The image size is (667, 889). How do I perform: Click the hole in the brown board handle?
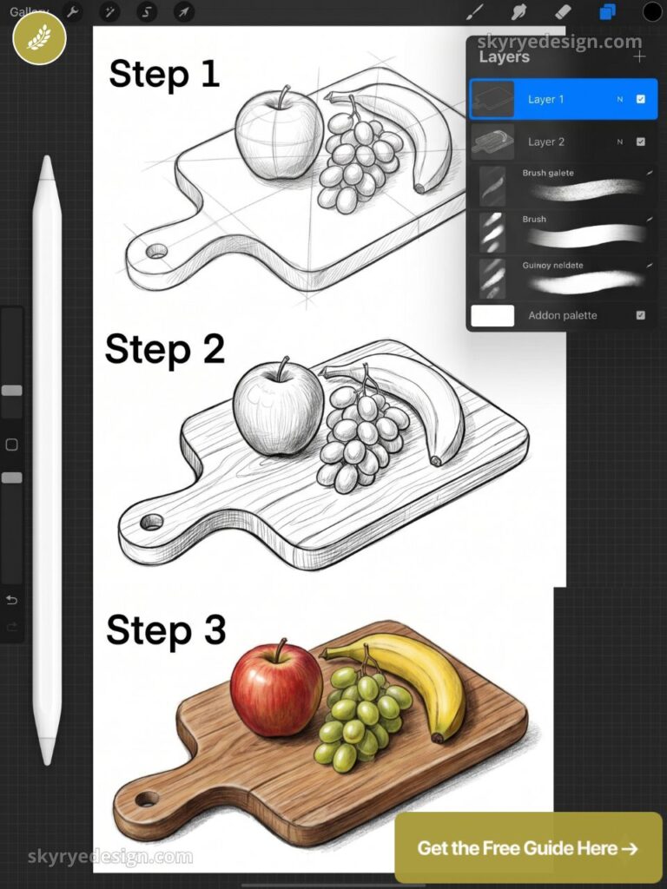(147, 798)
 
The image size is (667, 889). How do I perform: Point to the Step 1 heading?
(164, 74)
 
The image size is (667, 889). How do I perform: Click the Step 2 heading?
(165, 349)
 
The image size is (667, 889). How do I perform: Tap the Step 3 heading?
(166, 629)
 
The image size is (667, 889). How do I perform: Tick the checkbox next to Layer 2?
(641, 142)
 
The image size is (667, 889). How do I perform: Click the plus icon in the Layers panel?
(640, 57)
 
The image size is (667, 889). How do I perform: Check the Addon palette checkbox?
(641, 315)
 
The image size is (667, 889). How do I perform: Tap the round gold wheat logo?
(39, 38)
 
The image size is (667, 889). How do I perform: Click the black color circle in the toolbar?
(652, 12)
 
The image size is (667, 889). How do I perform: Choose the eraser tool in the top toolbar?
(563, 12)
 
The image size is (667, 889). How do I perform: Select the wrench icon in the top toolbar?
(74, 12)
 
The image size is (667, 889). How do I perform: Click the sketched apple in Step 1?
(278, 135)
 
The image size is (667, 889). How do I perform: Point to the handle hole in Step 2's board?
(152, 522)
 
